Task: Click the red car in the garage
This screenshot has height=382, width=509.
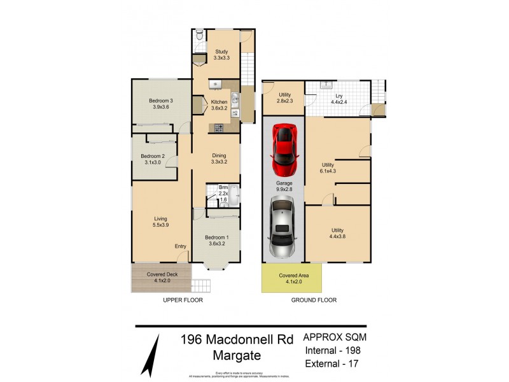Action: point(283,150)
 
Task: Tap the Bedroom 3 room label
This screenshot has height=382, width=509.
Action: point(162,104)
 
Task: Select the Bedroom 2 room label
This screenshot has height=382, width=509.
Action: point(153,159)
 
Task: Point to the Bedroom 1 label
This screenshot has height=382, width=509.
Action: point(216,241)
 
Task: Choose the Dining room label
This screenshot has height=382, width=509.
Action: point(219,158)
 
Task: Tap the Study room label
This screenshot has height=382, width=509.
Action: point(221,54)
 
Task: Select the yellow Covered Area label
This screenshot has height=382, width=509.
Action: point(291,278)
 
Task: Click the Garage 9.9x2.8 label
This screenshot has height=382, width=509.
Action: point(284,186)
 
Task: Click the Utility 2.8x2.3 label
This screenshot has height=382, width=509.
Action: point(284,98)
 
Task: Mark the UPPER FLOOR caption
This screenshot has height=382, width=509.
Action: point(183,300)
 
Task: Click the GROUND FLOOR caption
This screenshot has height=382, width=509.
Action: point(314,300)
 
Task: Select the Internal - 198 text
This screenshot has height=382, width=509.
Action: point(335,350)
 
